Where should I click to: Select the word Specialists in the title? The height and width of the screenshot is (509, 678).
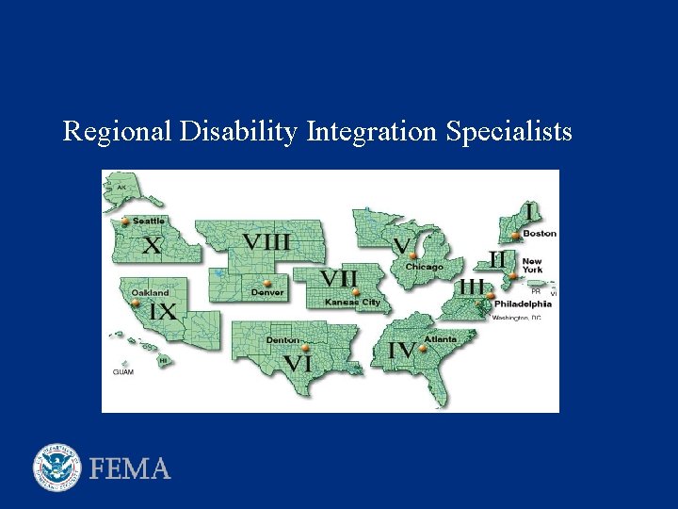[508, 132]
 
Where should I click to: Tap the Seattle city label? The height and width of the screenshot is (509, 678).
[148, 221]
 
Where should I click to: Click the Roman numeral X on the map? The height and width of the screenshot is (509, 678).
[151, 246]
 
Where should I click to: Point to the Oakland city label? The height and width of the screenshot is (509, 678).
[151, 293]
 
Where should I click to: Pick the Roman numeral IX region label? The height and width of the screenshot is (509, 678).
[163, 311]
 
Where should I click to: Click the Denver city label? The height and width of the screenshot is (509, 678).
[267, 293]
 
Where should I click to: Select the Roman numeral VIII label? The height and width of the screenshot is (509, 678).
[266, 242]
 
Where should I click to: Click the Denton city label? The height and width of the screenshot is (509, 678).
[282, 339]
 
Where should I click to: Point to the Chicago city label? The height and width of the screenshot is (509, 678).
[424, 267]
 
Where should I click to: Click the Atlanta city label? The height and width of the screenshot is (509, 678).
[440, 338]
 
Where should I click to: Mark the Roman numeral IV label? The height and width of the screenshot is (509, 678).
[402, 350]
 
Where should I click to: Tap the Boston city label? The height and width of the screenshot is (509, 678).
[540, 233]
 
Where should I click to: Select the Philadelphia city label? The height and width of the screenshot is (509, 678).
[523, 304]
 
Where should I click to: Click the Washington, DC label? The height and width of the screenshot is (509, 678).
[516, 319]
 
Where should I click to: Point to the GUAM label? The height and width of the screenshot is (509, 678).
[122, 372]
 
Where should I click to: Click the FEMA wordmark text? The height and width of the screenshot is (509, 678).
[131, 468]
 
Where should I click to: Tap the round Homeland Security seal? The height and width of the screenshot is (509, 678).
[57, 468]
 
